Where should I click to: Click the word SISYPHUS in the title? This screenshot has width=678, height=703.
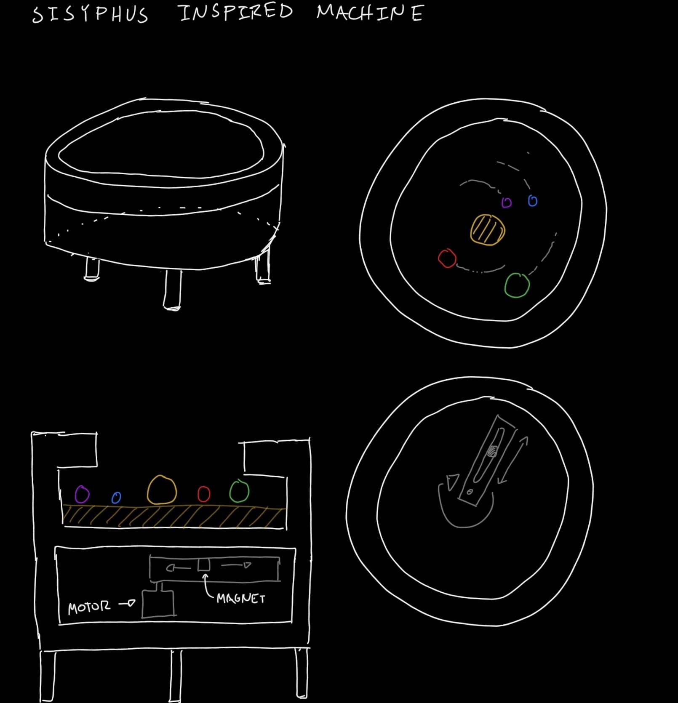click(x=90, y=14)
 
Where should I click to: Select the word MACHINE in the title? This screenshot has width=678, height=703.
click(x=370, y=12)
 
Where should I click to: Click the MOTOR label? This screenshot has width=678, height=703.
click(x=89, y=607)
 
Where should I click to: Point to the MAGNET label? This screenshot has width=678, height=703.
click(x=241, y=598)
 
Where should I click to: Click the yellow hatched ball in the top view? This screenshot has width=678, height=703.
click(x=488, y=229)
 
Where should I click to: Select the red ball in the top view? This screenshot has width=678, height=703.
click(x=447, y=258)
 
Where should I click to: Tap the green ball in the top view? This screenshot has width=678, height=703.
click(x=517, y=285)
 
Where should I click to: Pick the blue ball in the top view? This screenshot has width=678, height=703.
click(x=533, y=201)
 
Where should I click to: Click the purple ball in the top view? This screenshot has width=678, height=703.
click(x=507, y=203)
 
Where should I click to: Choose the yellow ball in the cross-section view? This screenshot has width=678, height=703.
click(x=162, y=490)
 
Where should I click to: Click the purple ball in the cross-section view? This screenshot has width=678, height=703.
click(x=82, y=494)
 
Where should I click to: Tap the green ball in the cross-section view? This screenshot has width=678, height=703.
click(x=239, y=491)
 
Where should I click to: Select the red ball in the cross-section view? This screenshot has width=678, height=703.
click(x=204, y=494)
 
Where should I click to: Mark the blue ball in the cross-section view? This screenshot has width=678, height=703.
click(x=116, y=498)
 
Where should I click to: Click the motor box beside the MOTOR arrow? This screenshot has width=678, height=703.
click(x=158, y=604)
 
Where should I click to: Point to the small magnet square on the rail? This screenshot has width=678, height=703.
click(x=204, y=565)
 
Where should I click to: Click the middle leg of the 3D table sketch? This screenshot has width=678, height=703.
click(x=172, y=290)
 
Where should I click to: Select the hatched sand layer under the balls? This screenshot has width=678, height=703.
click(x=174, y=516)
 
